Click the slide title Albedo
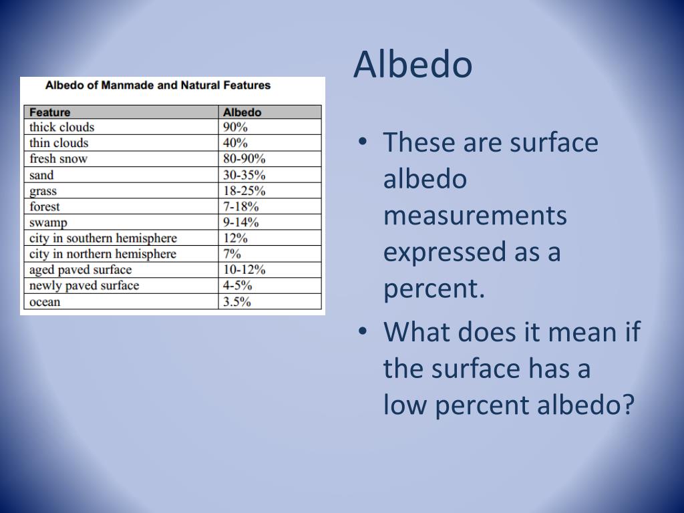point(413,65)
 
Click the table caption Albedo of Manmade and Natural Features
point(158,85)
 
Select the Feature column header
point(50,112)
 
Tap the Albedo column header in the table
point(242,112)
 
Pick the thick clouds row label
point(62,127)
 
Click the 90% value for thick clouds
point(235,127)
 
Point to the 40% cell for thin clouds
point(235,143)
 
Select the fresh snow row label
point(58,159)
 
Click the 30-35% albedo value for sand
point(244,175)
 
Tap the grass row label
point(43,191)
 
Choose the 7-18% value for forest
point(241,206)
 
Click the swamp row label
point(48,222)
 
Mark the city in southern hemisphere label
point(103,238)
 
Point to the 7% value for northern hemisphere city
point(232,254)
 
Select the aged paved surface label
point(80,270)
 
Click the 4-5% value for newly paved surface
point(238,286)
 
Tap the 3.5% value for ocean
point(236,302)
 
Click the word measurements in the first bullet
point(475,216)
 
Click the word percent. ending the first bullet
point(433,289)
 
